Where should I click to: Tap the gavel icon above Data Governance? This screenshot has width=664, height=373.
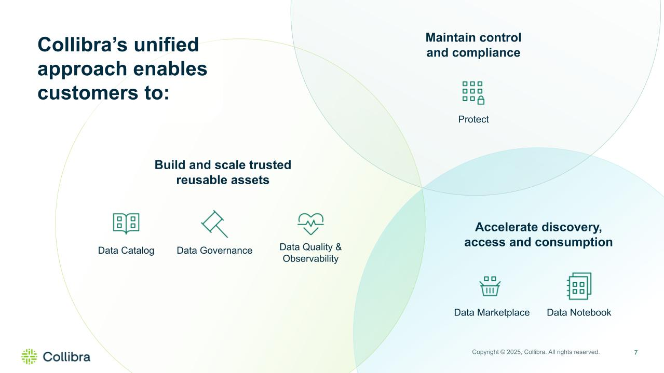214,224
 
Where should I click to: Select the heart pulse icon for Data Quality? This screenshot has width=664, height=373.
310,224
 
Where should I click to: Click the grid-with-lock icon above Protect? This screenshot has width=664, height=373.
473,93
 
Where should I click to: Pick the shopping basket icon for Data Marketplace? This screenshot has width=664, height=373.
490,286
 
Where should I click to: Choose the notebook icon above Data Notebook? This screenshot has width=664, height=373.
579,286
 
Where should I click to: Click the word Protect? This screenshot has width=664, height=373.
473,119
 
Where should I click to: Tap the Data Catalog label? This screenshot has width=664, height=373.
126,251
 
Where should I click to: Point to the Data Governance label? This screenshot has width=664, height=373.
214,251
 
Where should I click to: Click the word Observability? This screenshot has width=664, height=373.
310,259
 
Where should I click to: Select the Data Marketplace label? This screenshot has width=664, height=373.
492,312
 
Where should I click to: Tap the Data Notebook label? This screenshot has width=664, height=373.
579,312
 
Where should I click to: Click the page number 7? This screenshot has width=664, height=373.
636,352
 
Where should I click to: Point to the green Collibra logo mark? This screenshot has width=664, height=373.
30,356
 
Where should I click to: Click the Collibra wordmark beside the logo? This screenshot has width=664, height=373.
66,357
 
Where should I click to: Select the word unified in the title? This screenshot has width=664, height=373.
166,45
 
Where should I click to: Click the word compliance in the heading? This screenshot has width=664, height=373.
486,53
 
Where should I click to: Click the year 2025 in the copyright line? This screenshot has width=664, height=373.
514,352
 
